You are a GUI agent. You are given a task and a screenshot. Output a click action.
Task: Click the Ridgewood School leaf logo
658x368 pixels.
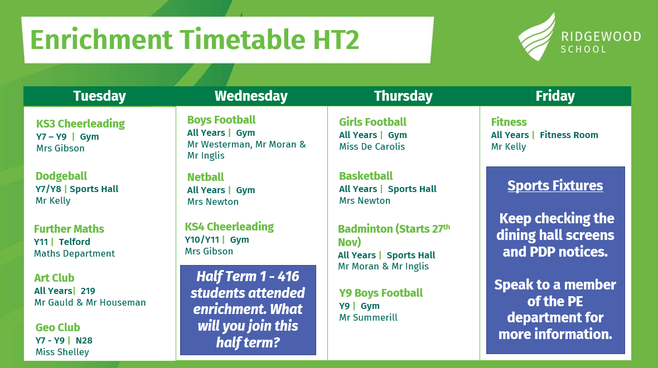click(537, 37)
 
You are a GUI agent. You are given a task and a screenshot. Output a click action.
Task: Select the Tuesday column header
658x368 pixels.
click(99, 96)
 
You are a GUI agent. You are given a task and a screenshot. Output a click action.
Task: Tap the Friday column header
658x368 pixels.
click(555, 96)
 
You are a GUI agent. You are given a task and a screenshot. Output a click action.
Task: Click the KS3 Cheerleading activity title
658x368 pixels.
click(80, 124)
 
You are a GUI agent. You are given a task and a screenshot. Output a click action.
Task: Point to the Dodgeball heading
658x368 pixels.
click(61, 176)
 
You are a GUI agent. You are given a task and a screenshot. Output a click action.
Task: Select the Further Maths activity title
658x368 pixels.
click(69, 229)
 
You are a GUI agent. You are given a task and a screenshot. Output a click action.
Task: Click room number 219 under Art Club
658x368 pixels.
click(88, 291)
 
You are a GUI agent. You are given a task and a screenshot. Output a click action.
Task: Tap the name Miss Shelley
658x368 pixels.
click(62, 352)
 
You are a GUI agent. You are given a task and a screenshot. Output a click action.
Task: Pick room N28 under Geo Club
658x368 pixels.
click(84, 340)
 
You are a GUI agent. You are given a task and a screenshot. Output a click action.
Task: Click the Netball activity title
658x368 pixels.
click(206, 177)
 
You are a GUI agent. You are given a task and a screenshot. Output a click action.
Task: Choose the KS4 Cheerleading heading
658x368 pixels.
click(229, 227)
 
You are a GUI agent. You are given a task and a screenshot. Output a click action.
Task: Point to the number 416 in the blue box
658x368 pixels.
click(288, 276)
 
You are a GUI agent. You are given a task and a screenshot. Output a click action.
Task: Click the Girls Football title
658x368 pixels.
click(372, 122)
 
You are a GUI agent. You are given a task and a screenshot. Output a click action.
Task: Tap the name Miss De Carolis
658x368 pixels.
click(372, 146)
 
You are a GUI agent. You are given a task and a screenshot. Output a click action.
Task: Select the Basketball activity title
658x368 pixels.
click(366, 176)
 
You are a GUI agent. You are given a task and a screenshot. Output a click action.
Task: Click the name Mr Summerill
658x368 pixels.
click(368, 318)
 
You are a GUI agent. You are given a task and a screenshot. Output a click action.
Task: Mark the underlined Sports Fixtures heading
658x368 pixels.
click(555, 186)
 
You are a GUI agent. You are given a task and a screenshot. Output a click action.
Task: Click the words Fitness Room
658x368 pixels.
click(569, 135)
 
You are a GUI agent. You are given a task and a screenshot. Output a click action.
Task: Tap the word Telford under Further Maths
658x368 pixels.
click(74, 242)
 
